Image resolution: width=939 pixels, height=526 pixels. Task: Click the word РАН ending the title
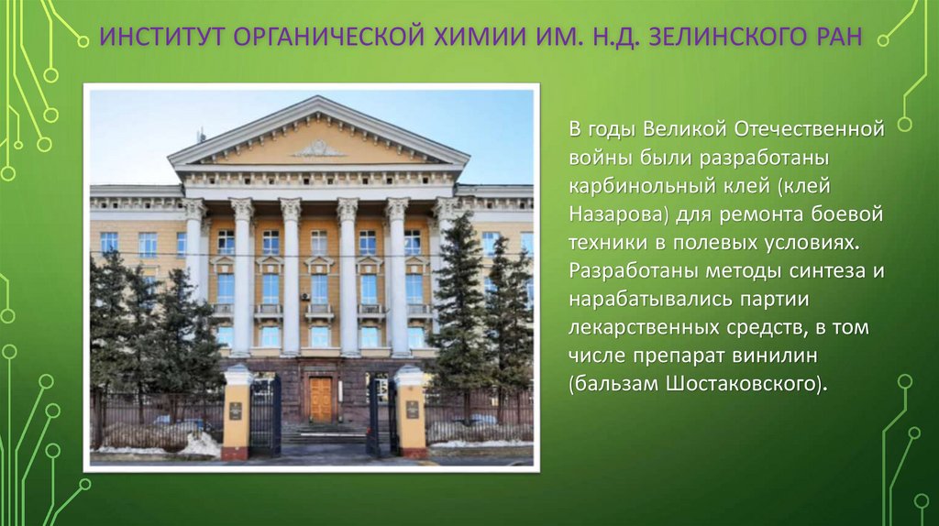[x=835, y=39]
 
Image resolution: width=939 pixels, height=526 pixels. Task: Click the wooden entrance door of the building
[x=320, y=399]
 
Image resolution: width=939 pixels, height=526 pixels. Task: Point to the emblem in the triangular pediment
[x=318, y=148]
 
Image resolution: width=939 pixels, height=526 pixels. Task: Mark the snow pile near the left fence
[x=197, y=445]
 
